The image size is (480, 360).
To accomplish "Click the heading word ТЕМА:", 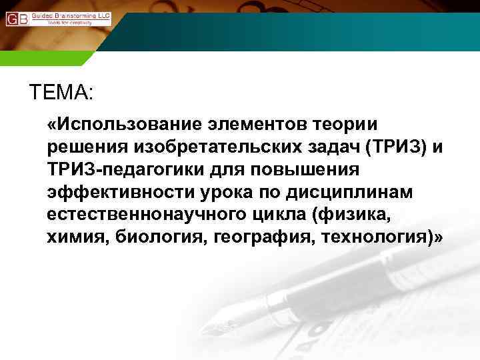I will (62, 92).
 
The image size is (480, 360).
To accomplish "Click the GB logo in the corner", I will (17, 18).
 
